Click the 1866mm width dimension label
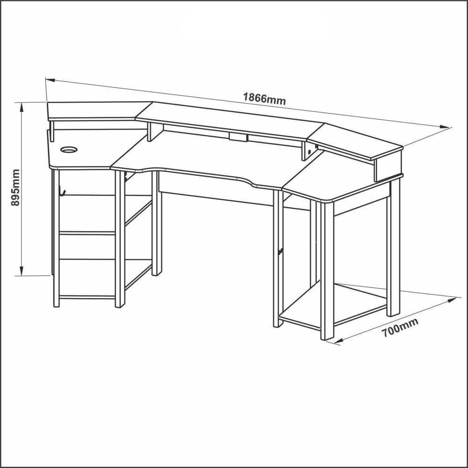[x=264, y=98]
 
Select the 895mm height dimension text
[x=15, y=188]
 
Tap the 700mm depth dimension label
[x=400, y=328]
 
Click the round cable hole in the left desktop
[x=69, y=149]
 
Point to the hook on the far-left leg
[x=62, y=191]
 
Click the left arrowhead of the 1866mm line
[x=50, y=80]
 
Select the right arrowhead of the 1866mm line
[x=445, y=127]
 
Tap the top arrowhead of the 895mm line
[x=22, y=108]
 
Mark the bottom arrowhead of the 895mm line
[x=22, y=271]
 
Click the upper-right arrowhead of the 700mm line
[x=452, y=300]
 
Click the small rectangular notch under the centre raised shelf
[x=238, y=137]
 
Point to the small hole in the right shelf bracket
[x=309, y=152]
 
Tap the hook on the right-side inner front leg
[x=280, y=252]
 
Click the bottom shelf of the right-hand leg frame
[x=333, y=305]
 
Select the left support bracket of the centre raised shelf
[x=155, y=132]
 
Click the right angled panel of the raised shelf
[x=355, y=140]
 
